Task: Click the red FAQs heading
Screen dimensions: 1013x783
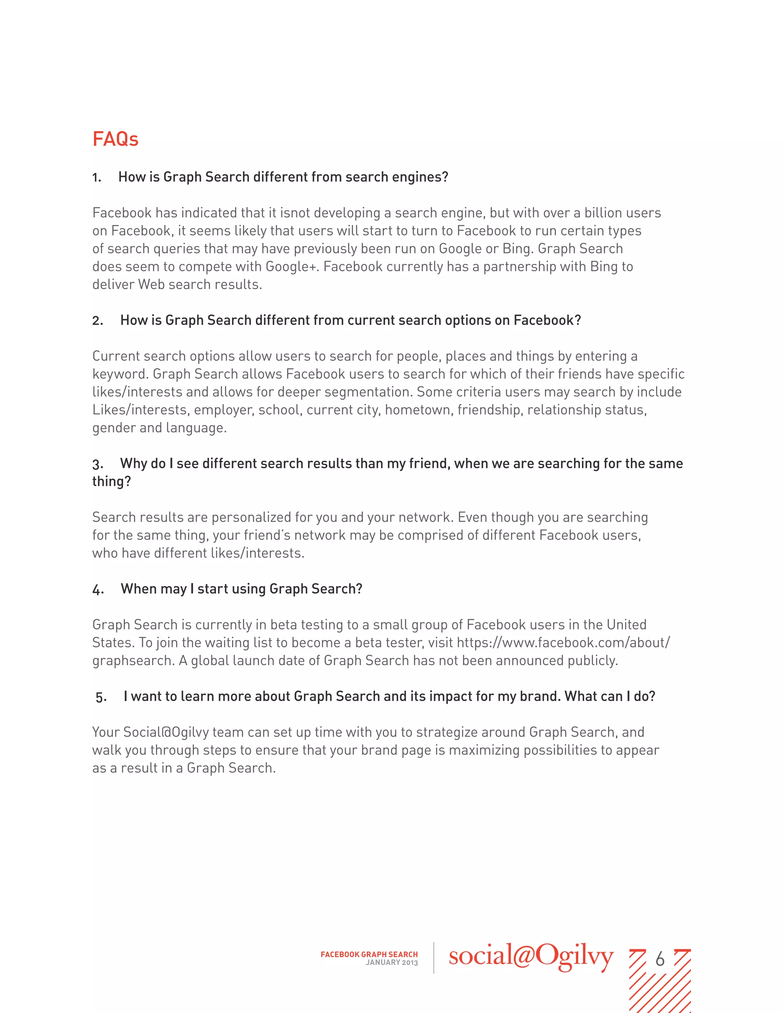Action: [x=115, y=139]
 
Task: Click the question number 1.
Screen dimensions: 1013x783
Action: [x=96, y=178]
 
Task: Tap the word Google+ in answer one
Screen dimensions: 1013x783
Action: [x=292, y=267]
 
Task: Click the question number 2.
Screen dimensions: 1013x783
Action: [x=97, y=321]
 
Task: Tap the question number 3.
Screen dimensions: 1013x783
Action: [x=97, y=464]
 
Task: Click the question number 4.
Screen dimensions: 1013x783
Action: [x=97, y=590]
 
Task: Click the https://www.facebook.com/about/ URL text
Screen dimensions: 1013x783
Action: [x=563, y=643]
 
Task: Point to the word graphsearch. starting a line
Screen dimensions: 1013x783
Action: [x=133, y=661]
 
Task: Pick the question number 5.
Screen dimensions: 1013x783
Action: [x=101, y=698]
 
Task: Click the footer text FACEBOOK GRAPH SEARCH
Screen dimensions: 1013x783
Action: [x=369, y=954]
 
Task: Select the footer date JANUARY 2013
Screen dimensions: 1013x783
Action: [x=391, y=963]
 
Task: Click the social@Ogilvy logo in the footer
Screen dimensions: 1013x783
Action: [x=531, y=957]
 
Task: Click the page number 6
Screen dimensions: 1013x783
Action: [x=660, y=959]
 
